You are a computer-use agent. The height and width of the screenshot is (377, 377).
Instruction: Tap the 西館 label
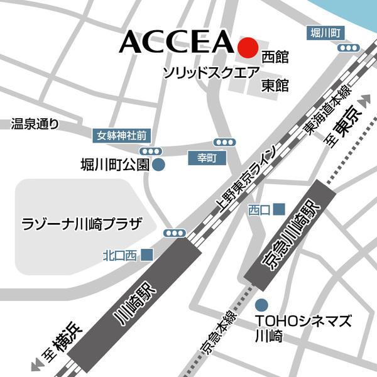click(275, 57)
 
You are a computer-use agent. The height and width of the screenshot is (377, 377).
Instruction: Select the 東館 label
click(275, 84)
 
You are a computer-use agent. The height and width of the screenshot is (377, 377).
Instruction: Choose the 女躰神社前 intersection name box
click(121, 134)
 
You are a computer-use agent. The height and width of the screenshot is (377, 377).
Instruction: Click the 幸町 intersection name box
click(207, 159)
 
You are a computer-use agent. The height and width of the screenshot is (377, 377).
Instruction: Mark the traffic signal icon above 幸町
click(224, 142)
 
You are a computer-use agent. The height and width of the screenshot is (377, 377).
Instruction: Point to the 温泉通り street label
click(35, 124)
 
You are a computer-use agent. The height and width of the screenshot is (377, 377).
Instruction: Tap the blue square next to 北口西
click(147, 254)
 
